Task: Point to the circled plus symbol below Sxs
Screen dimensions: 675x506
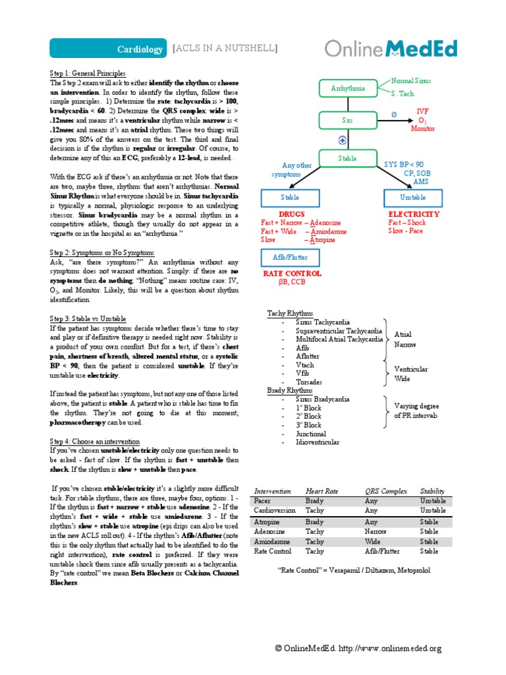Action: click(343, 140)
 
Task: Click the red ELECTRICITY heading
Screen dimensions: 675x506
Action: click(414, 215)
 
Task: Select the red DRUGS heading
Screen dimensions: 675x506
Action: click(292, 215)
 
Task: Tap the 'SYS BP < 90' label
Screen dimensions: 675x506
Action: click(404, 164)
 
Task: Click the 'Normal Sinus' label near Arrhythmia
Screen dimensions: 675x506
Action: click(412, 80)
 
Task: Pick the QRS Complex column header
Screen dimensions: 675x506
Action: click(386, 491)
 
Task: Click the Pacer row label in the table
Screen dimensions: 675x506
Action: click(262, 501)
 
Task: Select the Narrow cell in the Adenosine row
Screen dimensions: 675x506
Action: click(376, 531)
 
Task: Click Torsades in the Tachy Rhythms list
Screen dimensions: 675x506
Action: click(309, 382)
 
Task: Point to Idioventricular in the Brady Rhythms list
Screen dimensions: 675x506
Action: click(318, 442)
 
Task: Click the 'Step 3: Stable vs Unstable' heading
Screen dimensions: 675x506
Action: click(88, 318)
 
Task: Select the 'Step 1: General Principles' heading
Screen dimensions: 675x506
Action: click(88, 73)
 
